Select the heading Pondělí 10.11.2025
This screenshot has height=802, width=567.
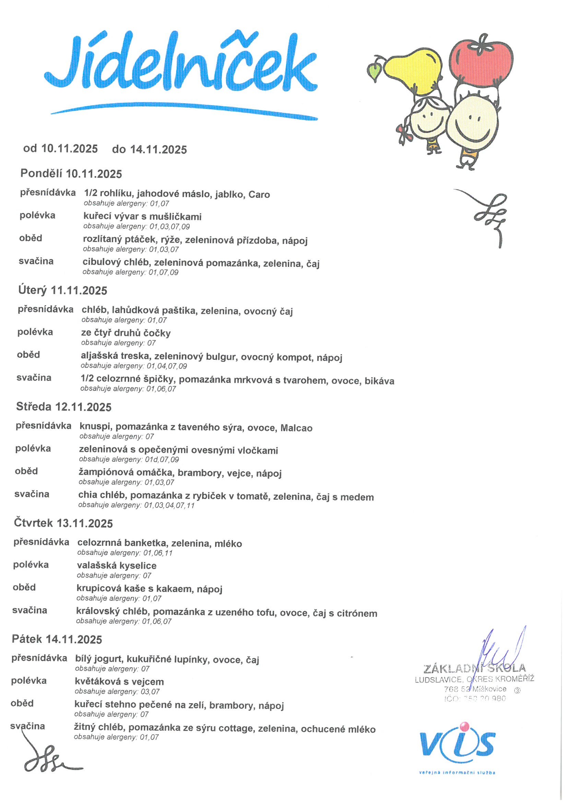coord(71,174)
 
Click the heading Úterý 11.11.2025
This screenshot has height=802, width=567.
coord(62,290)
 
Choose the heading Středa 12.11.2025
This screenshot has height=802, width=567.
coord(63,406)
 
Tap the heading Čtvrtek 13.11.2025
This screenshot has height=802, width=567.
coord(63,523)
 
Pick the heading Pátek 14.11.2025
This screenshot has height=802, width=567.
coord(57,639)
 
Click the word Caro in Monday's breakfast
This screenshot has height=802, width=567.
coord(259,194)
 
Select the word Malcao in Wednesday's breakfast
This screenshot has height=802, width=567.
coord(296,428)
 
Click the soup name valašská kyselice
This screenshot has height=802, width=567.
coord(117,566)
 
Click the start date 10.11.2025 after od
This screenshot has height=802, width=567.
coord(70,149)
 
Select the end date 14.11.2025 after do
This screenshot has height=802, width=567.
coord(158,150)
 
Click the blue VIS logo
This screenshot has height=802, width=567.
coord(457,746)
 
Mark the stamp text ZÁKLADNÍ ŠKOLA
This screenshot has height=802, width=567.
coord(474,669)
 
